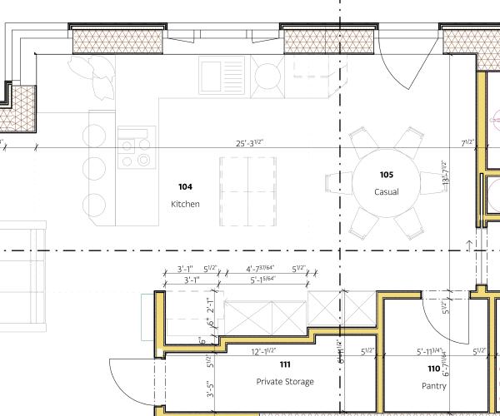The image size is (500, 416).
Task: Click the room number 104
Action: [x=185, y=187]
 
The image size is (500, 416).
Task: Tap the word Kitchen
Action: [x=185, y=204]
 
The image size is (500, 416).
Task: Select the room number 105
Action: [x=386, y=175]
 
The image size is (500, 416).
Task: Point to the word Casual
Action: [x=386, y=192]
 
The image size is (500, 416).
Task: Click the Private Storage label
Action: [x=285, y=382]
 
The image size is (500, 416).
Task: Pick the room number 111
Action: [x=285, y=364]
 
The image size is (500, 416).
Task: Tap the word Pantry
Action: [x=433, y=385]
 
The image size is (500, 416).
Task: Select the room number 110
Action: [x=433, y=369]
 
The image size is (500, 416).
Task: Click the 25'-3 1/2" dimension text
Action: [x=251, y=143]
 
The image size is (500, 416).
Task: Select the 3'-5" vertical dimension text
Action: [x=211, y=389]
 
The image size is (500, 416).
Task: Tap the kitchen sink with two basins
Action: [x=222, y=75]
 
